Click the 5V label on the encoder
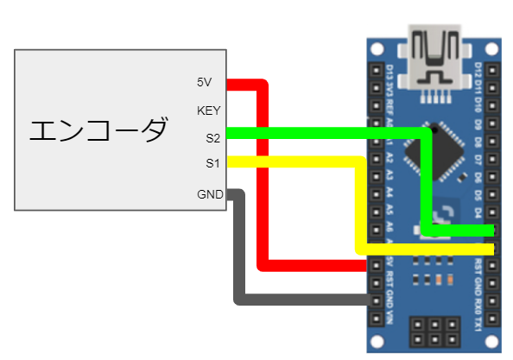[204, 83]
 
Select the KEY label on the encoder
[207, 111]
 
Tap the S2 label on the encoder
[212, 137]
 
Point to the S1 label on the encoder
[212, 162]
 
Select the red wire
[263, 173]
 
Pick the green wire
[328, 133]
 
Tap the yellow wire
[302, 161]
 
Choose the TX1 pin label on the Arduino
[479, 326]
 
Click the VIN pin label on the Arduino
[390, 326]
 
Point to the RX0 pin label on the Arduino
[479, 306]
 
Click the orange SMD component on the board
[440, 279]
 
